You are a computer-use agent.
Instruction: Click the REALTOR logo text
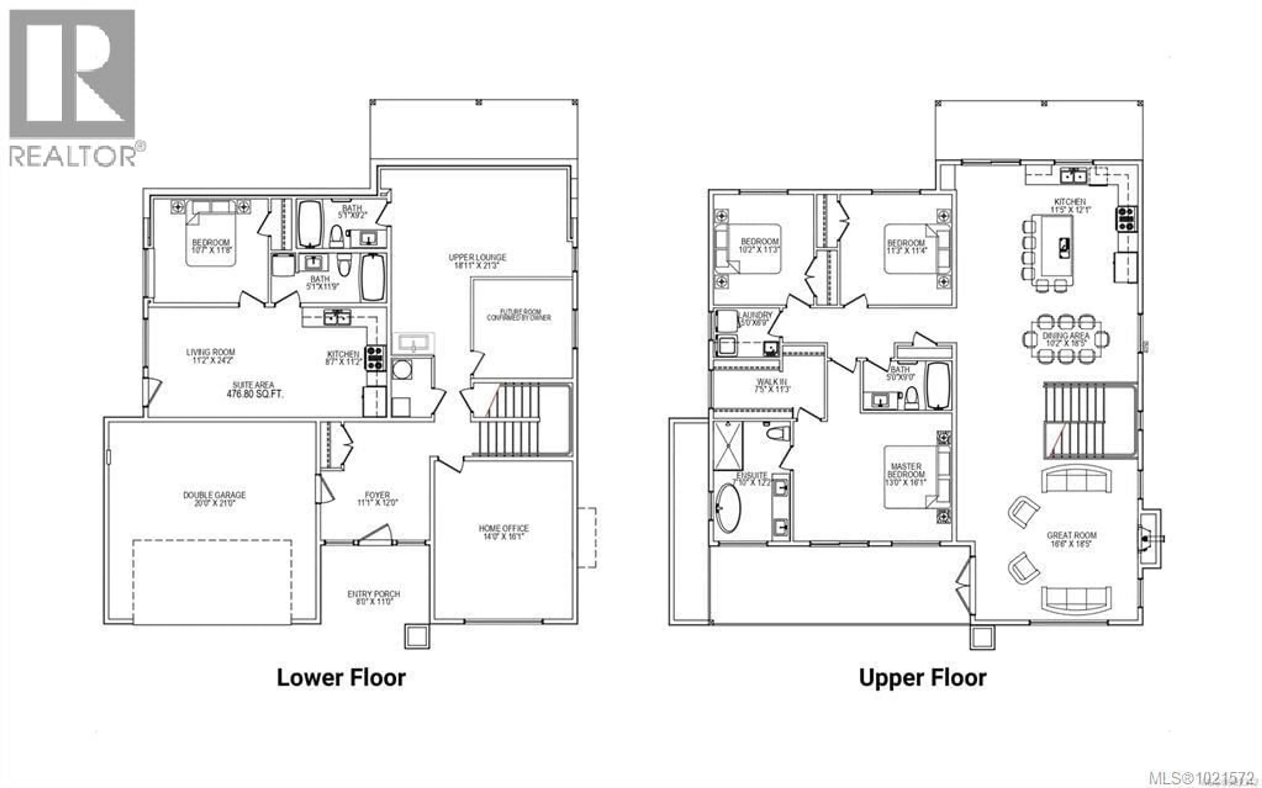[x=73, y=156]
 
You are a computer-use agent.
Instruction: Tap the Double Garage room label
[x=214, y=499]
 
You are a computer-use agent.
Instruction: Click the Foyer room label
[x=377, y=499]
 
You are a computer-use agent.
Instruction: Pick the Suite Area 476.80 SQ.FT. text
[x=254, y=390]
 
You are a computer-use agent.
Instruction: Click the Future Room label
[x=518, y=314]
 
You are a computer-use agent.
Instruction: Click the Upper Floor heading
[x=922, y=678]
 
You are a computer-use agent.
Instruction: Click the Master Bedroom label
[x=906, y=474]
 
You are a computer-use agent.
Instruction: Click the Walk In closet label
[x=771, y=386]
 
